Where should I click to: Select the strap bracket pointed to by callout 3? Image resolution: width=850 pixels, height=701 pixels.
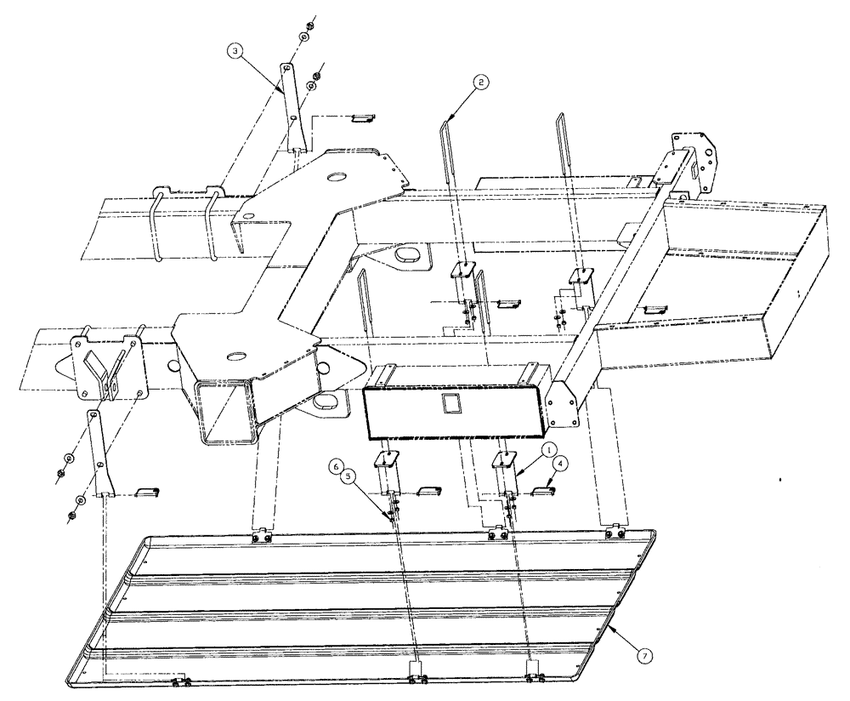coord(291,106)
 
